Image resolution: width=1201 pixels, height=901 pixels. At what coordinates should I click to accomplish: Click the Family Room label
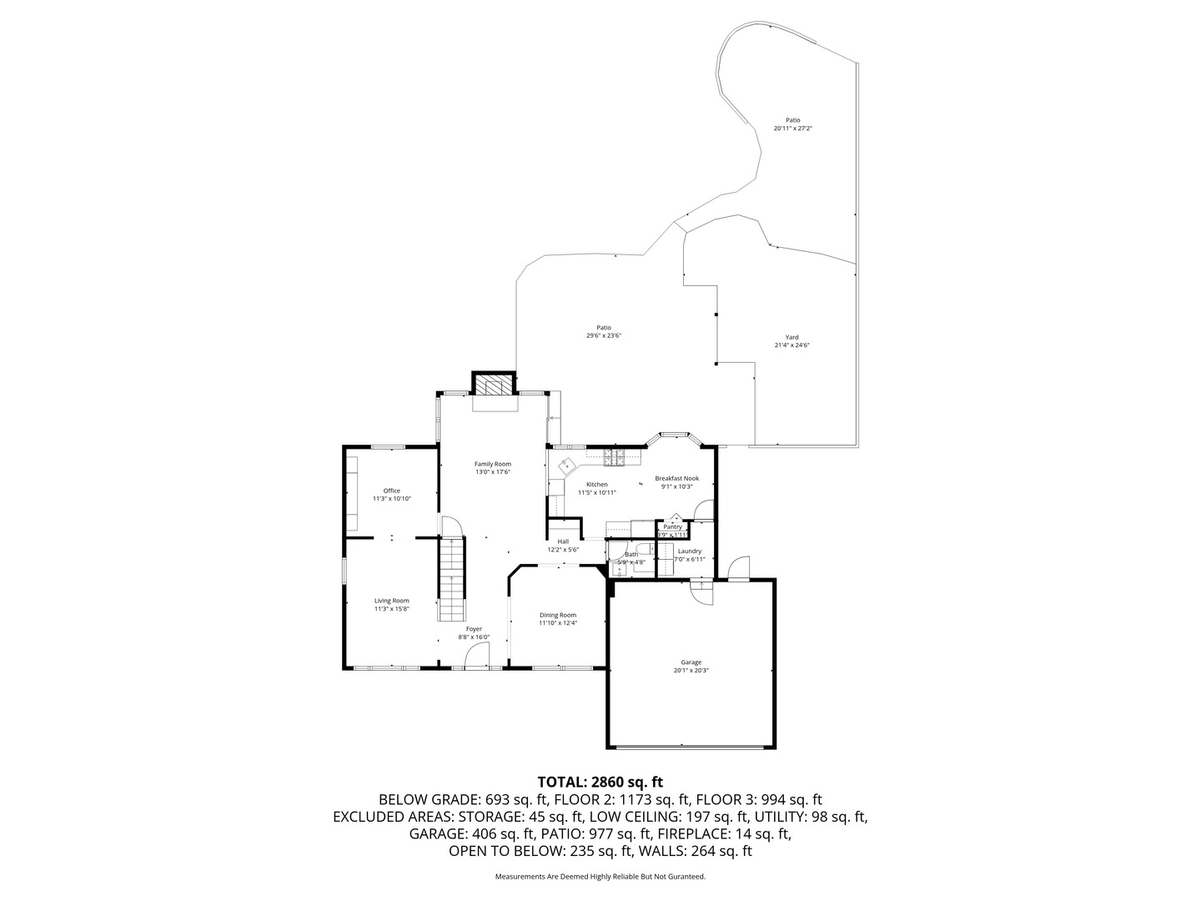click(x=492, y=464)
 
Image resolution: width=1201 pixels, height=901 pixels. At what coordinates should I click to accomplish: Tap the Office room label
click(x=391, y=491)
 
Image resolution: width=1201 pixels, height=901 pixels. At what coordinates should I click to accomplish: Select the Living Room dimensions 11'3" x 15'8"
click(x=391, y=609)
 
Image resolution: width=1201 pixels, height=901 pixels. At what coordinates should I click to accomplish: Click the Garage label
click(x=691, y=662)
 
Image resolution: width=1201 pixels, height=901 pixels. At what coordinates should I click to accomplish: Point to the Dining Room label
click(x=557, y=615)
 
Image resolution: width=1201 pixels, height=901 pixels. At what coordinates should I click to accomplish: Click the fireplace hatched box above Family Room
click(x=495, y=384)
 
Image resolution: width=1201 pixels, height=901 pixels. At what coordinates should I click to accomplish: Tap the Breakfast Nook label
click(x=676, y=478)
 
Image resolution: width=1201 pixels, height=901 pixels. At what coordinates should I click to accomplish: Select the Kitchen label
click(x=596, y=484)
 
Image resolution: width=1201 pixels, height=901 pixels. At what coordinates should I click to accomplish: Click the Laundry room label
click(x=689, y=551)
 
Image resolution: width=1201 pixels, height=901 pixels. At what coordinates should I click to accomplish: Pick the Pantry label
click(x=672, y=526)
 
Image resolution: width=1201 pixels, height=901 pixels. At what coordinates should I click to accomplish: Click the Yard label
click(x=791, y=337)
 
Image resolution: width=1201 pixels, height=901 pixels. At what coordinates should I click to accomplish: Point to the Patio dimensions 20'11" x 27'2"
click(x=792, y=128)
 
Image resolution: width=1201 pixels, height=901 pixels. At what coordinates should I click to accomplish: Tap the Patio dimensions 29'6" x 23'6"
click(x=604, y=335)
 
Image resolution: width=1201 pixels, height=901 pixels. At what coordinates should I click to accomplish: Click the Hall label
click(x=563, y=541)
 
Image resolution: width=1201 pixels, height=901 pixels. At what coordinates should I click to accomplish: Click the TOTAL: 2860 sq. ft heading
click(x=600, y=782)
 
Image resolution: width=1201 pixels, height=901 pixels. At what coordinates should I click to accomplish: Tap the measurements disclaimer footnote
click(x=600, y=877)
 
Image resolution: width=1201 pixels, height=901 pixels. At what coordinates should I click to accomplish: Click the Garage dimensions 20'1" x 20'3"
click(x=691, y=670)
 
